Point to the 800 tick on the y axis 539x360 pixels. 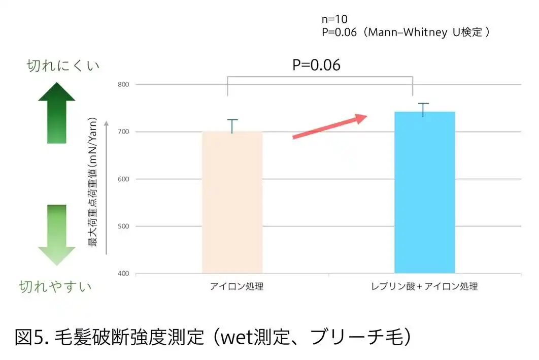tap(123, 85)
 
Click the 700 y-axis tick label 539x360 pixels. tap(123, 132)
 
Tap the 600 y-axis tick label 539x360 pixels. tap(123, 179)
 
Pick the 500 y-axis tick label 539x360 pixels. tap(123, 226)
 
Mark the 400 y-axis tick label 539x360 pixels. tap(123, 274)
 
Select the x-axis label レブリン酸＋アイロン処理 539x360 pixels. tap(424, 286)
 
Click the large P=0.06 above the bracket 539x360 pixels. tap(316, 66)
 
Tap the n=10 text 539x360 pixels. tap(335, 19)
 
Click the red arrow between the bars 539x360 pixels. tap(330, 127)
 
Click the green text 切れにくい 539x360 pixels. tap(63, 66)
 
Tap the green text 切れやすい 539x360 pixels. tap(55, 286)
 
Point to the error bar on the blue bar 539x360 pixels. tap(423, 109)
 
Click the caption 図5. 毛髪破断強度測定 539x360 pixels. tap(213, 337)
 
